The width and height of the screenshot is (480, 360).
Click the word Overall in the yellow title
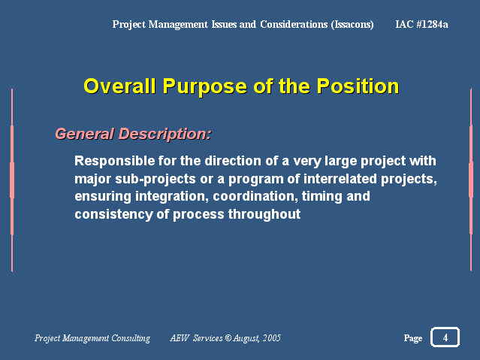coord(119,86)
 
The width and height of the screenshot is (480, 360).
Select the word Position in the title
coord(358,86)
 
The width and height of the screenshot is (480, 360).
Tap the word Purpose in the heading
coord(204,87)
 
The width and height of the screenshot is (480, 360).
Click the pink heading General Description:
coord(133,135)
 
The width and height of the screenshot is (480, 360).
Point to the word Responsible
coord(114,161)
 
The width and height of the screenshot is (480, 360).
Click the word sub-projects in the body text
coord(155,179)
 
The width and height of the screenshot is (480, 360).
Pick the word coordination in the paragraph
coord(255,196)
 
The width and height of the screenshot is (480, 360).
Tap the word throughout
coord(264,214)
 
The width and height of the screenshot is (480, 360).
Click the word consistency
coord(113,214)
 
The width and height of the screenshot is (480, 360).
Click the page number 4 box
coord(445,337)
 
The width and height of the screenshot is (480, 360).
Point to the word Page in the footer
coord(413,338)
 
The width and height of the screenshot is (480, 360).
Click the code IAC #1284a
coord(421,24)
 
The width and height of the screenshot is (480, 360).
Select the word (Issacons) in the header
coord(352,24)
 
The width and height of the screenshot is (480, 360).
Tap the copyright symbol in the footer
coord(228,337)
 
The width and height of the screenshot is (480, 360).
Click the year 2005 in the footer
coord(272,337)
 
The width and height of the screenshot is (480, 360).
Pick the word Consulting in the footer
coord(131,338)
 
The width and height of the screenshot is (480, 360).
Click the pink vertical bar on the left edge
coord(12,180)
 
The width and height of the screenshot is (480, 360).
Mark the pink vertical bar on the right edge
coord(471,180)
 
